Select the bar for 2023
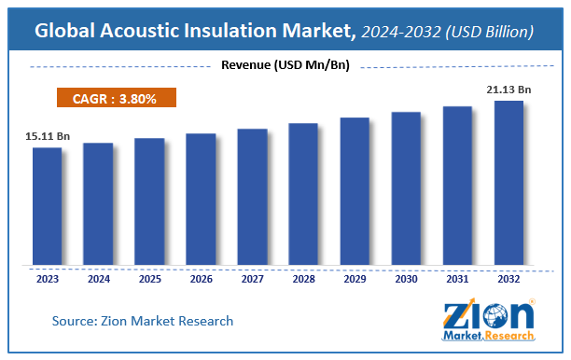[x=47, y=205]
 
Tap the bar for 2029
[x=355, y=190]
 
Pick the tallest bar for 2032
[x=508, y=182]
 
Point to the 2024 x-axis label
[x=98, y=277]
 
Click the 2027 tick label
[x=252, y=277]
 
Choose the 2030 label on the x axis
[x=406, y=277]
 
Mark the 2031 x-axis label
[x=457, y=277]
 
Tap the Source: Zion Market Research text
[x=143, y=321]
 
